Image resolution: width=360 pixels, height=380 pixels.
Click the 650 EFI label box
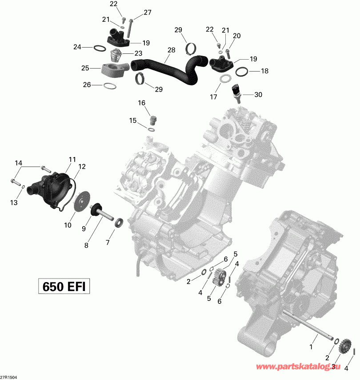64,286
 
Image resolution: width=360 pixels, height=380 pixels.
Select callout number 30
258,94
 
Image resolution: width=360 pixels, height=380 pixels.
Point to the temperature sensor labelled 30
236,92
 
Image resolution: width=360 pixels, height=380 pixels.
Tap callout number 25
85,68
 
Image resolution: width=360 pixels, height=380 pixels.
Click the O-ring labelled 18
243,71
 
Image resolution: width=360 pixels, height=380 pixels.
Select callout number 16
141,103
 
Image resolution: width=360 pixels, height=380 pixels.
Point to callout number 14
18,163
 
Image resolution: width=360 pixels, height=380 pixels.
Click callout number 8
86,245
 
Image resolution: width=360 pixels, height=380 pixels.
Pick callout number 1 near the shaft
311,345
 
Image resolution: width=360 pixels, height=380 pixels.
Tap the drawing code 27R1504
10,376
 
